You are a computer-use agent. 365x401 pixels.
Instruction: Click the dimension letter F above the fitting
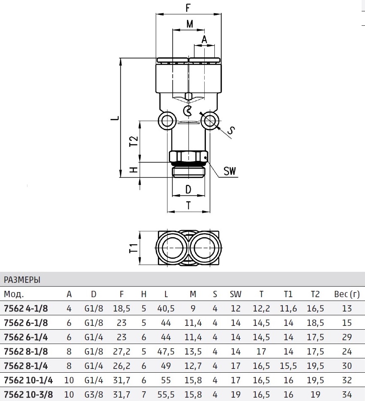(188, 8)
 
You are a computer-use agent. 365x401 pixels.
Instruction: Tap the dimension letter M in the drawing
(189, 24)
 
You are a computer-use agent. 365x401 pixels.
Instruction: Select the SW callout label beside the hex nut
(230, 171)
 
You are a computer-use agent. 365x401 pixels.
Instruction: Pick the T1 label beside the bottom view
(133, 248)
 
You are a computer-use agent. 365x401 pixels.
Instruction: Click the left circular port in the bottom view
(172, 248)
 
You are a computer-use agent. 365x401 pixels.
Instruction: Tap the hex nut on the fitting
(189, 156)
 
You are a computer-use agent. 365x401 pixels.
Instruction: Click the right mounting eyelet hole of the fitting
(210, 120)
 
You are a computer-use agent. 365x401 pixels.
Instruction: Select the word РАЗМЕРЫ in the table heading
(22, 280)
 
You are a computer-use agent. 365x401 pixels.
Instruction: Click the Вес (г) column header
(346, 294)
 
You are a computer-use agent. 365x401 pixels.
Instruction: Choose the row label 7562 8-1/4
(26, 366)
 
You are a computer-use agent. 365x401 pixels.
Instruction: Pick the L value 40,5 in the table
(166, 309)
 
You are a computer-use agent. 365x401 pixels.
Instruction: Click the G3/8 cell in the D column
(94, 395)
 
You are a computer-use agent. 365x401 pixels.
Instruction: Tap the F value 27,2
(122, 352)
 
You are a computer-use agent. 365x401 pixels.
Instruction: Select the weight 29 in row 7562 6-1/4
(347, 337)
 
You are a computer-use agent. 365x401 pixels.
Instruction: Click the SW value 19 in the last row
(235, 395)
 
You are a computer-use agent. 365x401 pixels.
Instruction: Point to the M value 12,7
(193, 366)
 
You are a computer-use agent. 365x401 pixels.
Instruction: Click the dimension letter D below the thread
(188, 190)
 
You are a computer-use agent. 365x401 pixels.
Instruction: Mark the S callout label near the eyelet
(231, 131)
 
